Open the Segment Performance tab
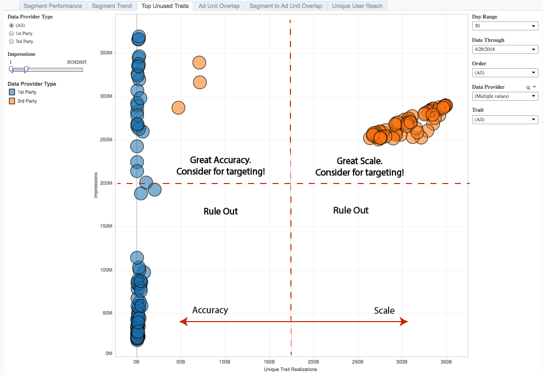pyautogui.click(x=53, y=6)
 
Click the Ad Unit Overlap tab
pyautogui.click(x=219, y=6)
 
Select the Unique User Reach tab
pyautogui.click(x=357, y=6)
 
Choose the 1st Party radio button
pyautogui.click(x=11, y=33)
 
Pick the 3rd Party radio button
pyautogui.click(x=11, y=41)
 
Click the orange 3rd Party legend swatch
pyautogui.click(x=12, y=101)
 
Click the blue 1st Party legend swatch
pyautogui.click(x=12, y=92)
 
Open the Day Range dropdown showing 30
pyautogui.click(x=505, y=26)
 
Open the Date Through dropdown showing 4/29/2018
pyautogui.click(x=505, y=49)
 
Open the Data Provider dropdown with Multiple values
pyautogui.click(x=505, y=96)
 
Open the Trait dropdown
pyautogui.click(x=505, y=120)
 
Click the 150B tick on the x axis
pyautogui.click(x=269, y=362)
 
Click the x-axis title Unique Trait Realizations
pyautogui.click(x=291, y=370)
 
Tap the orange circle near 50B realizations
pyautogui.click(x=178, y=107)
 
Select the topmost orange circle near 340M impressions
pyautogui.click(x=199, y=62)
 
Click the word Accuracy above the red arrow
pyautogui.click(x=210, y=310)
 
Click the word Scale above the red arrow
pyautogui.click(x=384, y=311)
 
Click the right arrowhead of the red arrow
pyautogui.click(x=405, y=322)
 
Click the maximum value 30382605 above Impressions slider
pyautogui.click(x=76, y=62)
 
